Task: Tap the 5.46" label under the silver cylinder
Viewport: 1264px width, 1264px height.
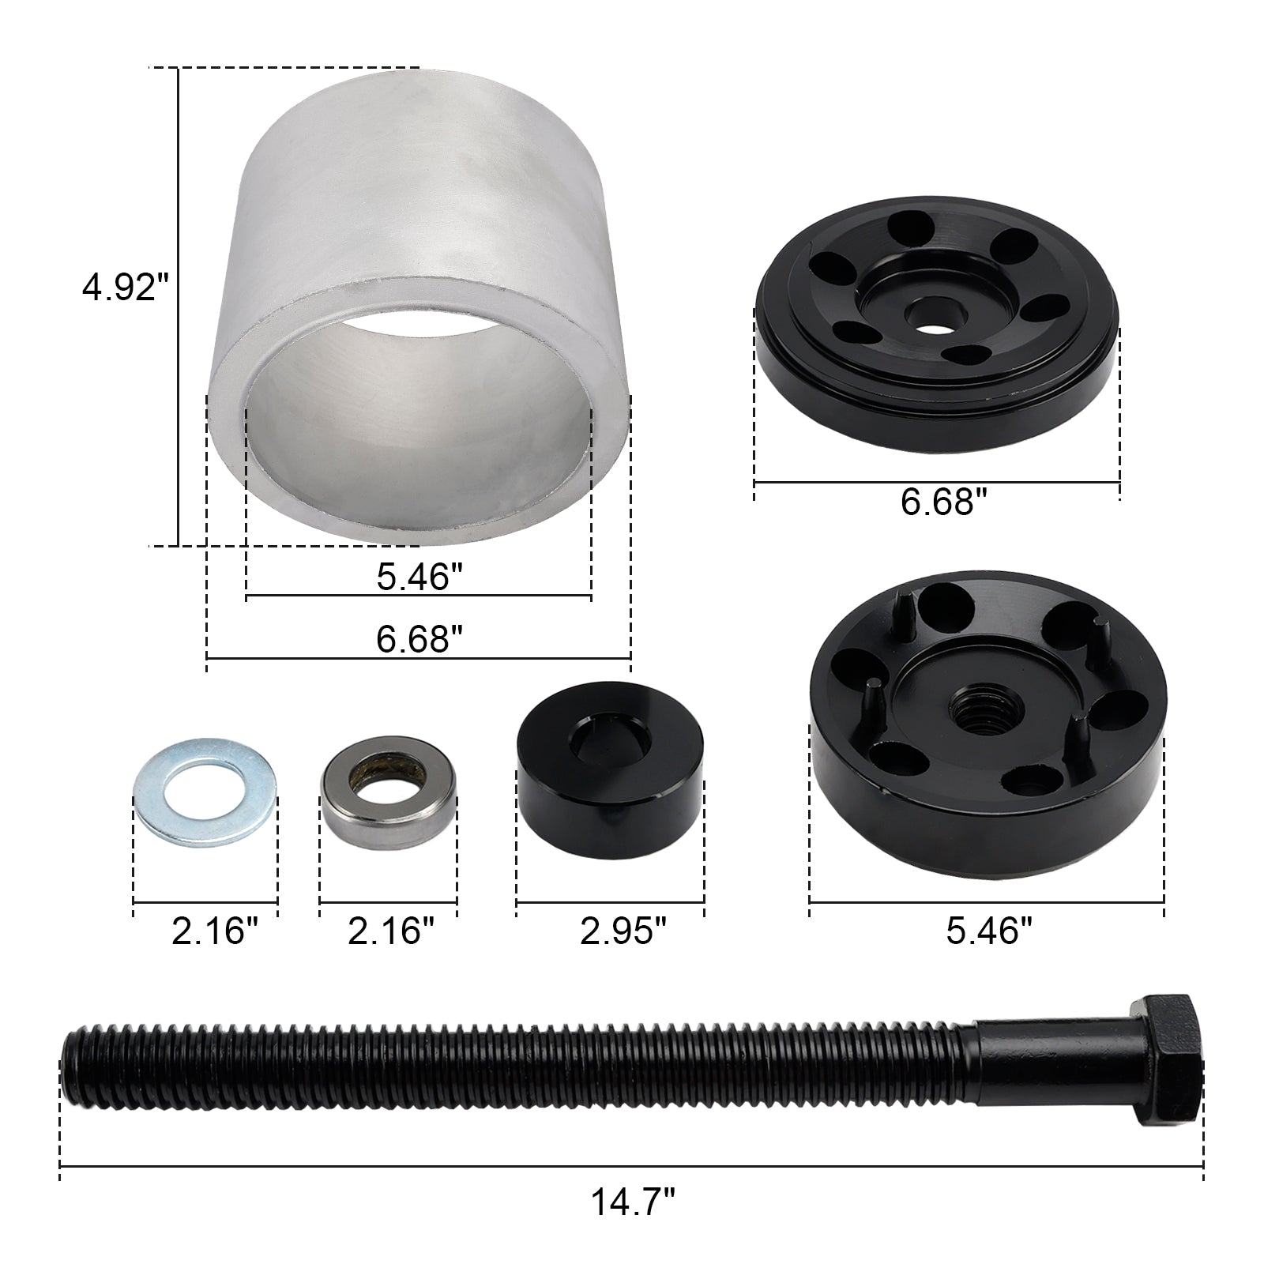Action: (x=418, y=577)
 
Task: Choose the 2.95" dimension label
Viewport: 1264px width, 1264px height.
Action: (x=623, y=931)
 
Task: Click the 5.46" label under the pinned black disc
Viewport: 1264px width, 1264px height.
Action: (x=989, y=931)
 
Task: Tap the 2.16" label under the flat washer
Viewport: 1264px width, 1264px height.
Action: (x=215, y=931)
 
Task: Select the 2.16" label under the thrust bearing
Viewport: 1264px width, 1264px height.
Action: (x=391, y=931)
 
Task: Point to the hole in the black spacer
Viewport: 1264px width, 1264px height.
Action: (x=611, y=734)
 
